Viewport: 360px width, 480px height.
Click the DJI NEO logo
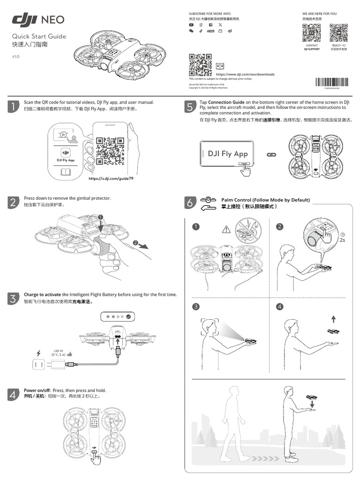click(38, 19)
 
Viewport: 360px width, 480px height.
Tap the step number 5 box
click(189, 107)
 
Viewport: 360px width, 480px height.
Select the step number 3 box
click(14, 298)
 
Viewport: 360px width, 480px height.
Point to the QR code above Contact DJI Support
click(311, 33)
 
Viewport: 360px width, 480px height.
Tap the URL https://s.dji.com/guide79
click(107, 179)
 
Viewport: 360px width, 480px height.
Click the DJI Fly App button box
click(228, 154)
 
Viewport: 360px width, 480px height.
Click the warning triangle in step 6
click(227, 229)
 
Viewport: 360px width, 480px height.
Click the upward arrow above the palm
click(333, 319)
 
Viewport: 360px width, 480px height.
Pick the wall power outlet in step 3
click(37, 364)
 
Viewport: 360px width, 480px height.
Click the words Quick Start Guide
click(39, 37)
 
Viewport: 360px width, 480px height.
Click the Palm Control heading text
click(265, 200)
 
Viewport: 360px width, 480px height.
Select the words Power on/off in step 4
click(37, 390)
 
